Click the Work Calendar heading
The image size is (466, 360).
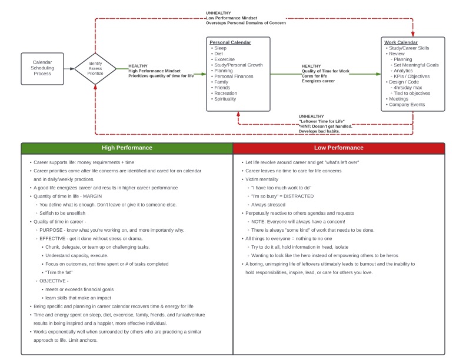pos(401,42)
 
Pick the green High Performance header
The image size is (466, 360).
pos(127,148)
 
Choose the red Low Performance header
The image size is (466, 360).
pos(339,148)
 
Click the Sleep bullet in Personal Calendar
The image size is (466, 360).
pos(220,48)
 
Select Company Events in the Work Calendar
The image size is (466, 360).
pos(407,105)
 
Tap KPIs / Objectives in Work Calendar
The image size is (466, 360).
pos(411,76)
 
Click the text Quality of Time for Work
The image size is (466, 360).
pos(325,71)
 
